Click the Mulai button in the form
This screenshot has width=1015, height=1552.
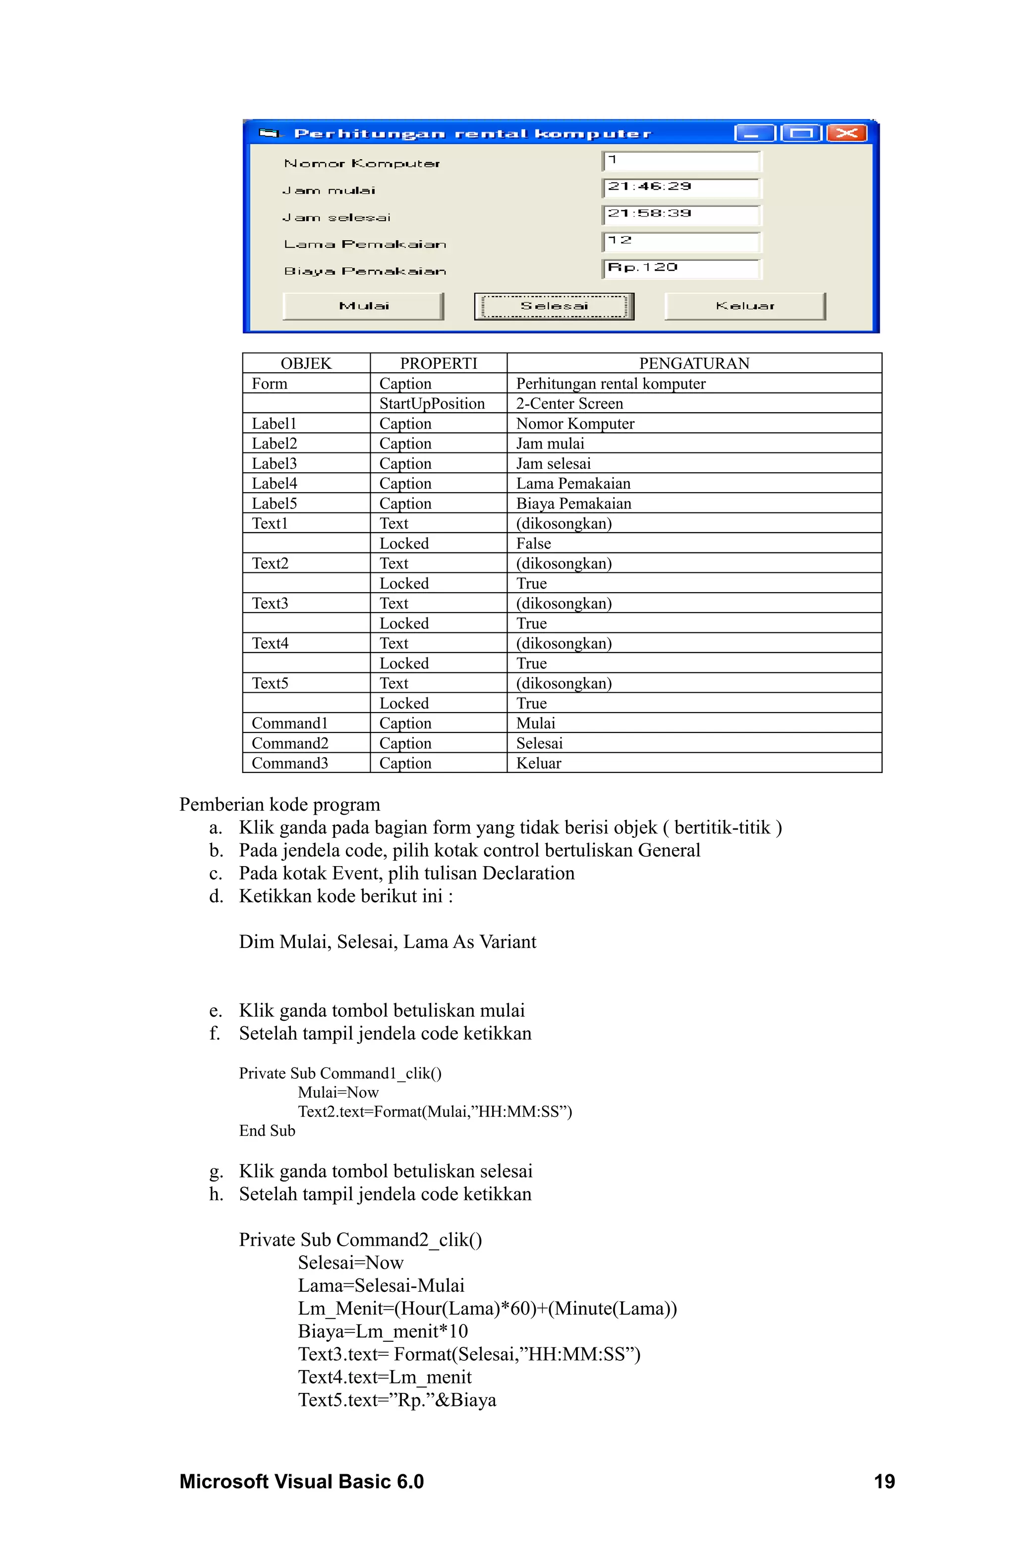point(363,306)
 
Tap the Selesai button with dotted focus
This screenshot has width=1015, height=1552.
point(554,306)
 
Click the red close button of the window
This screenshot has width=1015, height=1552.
point(846,134)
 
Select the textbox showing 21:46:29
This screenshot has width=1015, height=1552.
point(680,188)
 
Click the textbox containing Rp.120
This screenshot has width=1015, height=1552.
point(680,268)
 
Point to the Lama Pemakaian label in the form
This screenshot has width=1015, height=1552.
point(365,244)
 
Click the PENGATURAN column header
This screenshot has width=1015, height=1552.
point(693,363)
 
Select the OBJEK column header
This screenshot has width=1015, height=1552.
point(306,363)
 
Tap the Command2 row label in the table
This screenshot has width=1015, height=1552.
point(290,743)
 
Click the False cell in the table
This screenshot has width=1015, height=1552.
point(534,543)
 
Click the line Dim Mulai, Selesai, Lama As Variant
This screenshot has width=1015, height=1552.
point(388,942)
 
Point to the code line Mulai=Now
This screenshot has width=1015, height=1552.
point(338,1092)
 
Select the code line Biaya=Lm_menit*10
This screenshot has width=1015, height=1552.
point(383,1331)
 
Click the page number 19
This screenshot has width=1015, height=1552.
point(884,1482)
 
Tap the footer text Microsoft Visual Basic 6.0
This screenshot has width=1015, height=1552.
point(301,1482)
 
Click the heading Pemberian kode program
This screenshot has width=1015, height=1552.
point(280,805)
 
